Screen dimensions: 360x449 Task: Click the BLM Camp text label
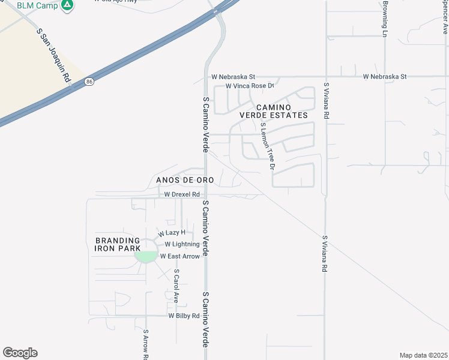point(37,5)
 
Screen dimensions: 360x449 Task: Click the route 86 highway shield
point(89,81)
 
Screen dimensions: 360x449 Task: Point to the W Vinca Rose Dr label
point(250,86)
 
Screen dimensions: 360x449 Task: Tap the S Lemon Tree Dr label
point(267,147)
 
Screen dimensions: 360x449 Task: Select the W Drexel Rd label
point(182,194)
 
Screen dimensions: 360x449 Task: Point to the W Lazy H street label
point(172,233)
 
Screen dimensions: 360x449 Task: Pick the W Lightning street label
point(182,244)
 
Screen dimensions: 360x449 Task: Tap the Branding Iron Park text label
point(118,244)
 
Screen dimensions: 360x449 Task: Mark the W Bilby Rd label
point(184,316)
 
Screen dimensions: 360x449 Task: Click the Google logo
point(20,353)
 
